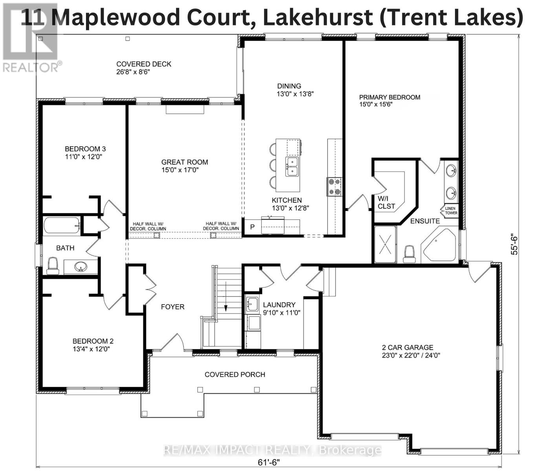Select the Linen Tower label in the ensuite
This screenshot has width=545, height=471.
pyautogui.click(x=451, y=211)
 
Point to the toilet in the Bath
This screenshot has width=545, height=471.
pyautogui.click(x=53, y=266)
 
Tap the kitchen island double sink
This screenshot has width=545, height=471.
pyautogui.click(x=293, y=166)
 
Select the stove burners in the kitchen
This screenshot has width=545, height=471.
pyautogui.click(x=335, y=186)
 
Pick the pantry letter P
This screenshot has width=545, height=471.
pyautogui.click(x=252, y=227)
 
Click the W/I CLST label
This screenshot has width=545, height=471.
pyautogui.click(x=386, y=202)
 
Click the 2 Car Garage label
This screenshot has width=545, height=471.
pyautogui.click(x=408, y=347)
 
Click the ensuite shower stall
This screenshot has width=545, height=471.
pyautogui.click(x=385, y=245)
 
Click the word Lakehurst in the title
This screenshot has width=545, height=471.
pyautogui.click(x=317, y=18)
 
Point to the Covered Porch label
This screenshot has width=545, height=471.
pyautogui.click(x=235, y=374)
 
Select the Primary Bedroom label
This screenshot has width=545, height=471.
pyautogui.click(x=390, y=97)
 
